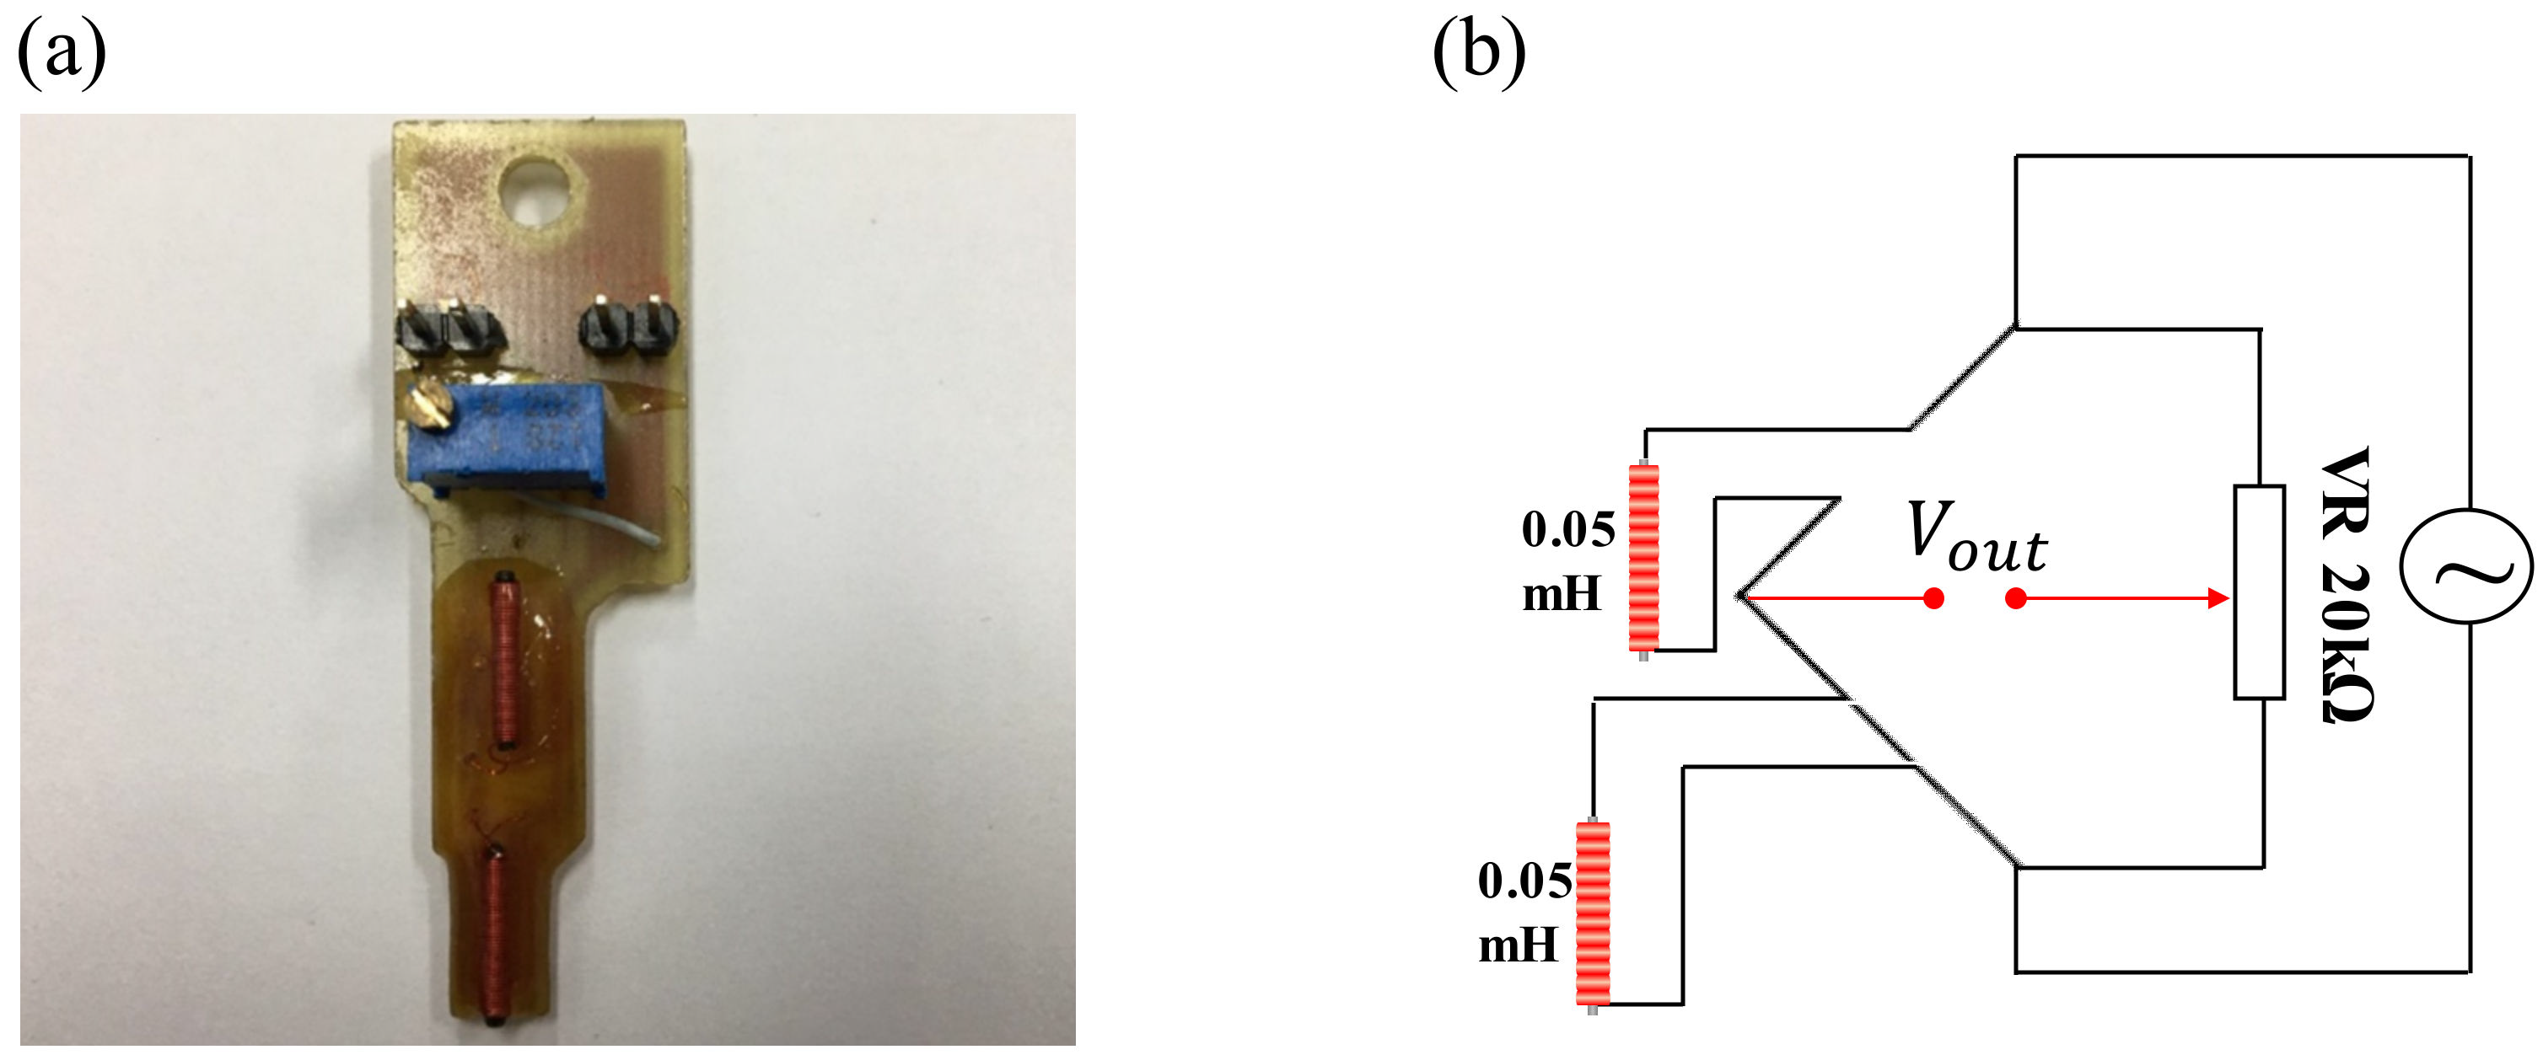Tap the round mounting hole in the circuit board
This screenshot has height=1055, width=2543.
coord(537,190)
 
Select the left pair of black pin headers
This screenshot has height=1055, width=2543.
coord(450,329)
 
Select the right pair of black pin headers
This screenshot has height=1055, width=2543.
coord(630,325)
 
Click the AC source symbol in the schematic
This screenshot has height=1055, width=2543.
coord(2465,565)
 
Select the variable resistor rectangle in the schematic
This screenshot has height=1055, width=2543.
coord(2259,592)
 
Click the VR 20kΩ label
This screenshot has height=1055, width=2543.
coord(2345,584)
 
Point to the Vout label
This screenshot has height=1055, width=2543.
coord(1976,538)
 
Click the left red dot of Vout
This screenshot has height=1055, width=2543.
coord(1934,598)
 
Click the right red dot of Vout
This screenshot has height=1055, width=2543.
coord(2016,598)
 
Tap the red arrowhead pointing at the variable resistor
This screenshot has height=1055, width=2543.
coord(2218,598)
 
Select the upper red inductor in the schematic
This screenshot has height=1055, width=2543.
coord(1643,559)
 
